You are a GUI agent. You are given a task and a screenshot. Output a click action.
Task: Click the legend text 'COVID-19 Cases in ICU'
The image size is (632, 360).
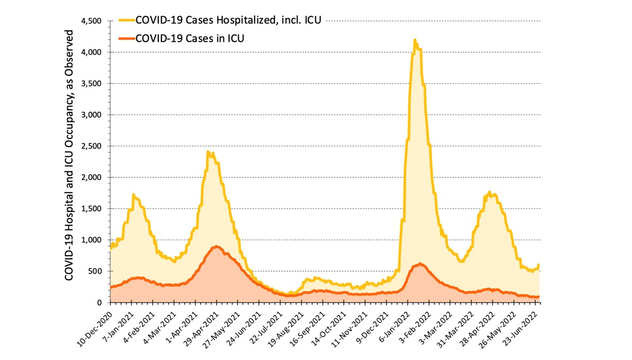click(190, 38)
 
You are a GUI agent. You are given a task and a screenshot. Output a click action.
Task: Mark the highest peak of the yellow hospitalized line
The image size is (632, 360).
click(415, 40)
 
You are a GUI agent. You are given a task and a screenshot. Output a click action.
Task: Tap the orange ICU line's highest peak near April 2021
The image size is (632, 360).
click(216, 247)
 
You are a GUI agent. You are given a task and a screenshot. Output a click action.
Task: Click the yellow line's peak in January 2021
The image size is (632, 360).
click(133, 194)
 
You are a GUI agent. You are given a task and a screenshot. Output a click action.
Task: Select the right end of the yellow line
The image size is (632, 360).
click(539, 265)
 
